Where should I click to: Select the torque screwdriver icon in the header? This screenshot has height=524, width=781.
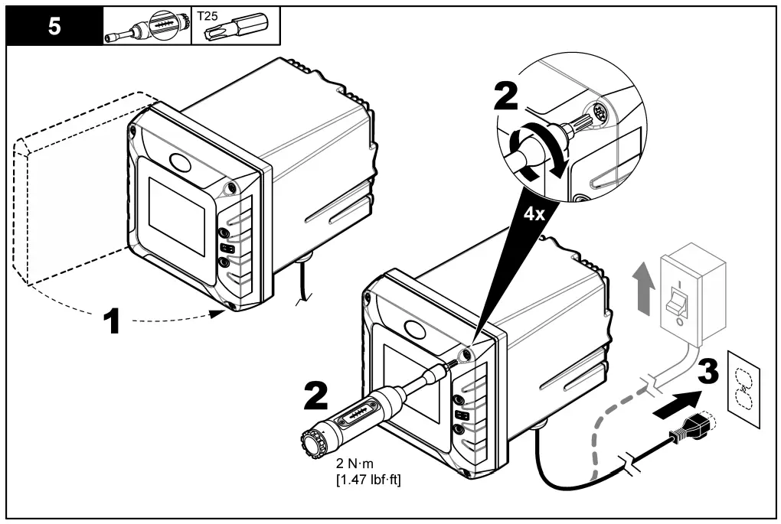[145, 25]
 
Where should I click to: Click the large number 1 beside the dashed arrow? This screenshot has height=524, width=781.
[113, 320]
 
